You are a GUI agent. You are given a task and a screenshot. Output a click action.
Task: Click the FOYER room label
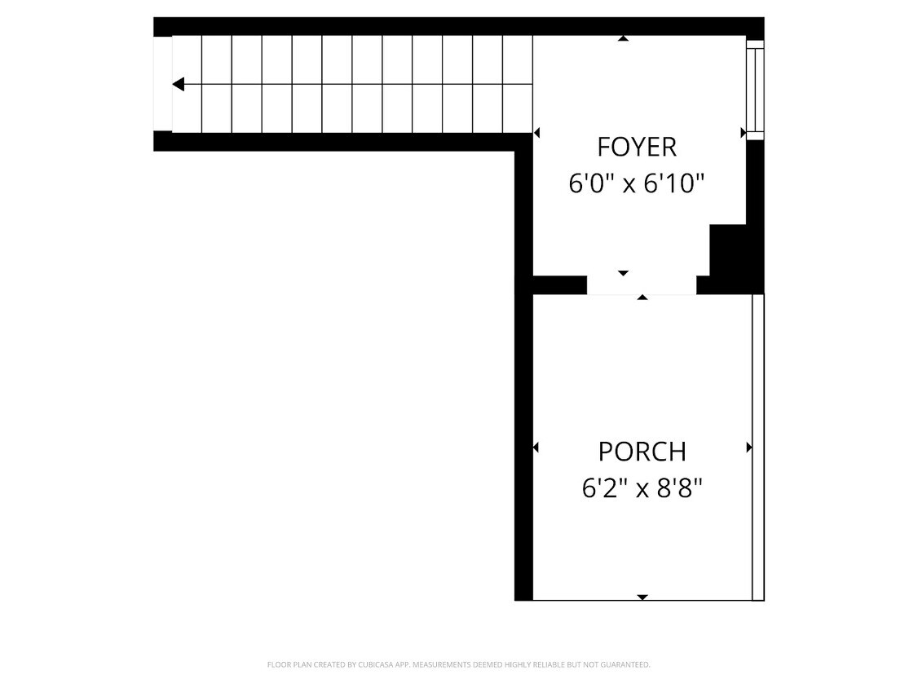point(637,147)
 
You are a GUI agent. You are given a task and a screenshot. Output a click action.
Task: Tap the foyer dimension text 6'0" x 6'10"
point(636,183)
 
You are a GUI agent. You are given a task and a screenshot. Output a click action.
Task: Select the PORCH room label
point(642,451)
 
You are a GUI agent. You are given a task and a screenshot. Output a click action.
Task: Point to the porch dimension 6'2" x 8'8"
point(642,488)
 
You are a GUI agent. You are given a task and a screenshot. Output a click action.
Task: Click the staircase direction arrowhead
point(178,84)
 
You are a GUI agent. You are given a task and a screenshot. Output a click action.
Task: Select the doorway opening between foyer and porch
point(642,284)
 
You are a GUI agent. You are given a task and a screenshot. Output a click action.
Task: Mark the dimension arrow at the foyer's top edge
point(624,38)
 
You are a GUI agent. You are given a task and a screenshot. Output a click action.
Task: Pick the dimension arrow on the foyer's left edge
point(536,132)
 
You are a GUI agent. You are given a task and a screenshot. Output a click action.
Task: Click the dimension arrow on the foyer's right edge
point(743,132)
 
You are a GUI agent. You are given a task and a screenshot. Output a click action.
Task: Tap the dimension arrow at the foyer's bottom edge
point(624,273)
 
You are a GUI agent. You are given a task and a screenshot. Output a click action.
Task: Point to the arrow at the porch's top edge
point(642,298)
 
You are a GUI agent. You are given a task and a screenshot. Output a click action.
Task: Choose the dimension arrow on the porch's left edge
point(536,447)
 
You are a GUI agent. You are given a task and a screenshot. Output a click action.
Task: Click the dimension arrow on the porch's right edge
point(748,447)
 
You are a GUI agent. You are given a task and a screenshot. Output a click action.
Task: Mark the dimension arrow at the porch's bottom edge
point(642,597)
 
